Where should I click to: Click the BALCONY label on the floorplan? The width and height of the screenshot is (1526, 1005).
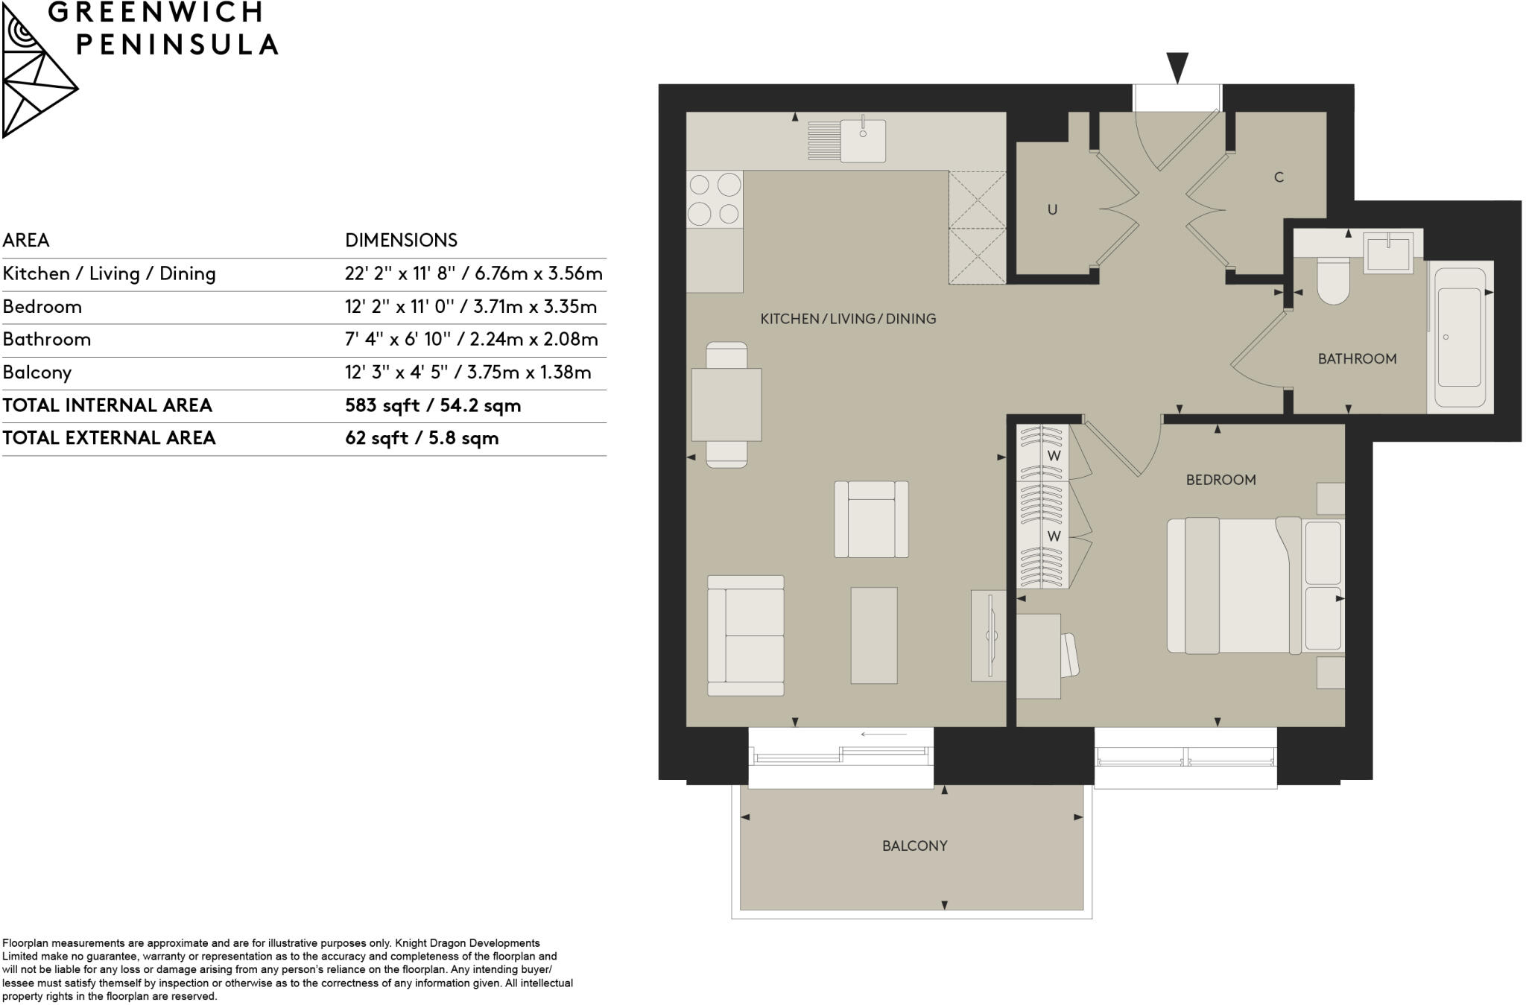coord(914,846)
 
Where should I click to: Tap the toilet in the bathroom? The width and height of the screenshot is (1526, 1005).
coord(1333,281)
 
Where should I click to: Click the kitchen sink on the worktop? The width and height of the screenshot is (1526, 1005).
coord(863,139)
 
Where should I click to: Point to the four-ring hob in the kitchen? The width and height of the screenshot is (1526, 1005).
coord(714,199)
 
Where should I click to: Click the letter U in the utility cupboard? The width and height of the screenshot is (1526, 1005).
coord(1052,209)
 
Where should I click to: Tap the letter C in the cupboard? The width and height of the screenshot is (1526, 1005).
coord(1279,177)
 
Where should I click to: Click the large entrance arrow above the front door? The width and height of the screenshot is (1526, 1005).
coord(1177,67)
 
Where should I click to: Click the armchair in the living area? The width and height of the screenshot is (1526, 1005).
coord(871,519)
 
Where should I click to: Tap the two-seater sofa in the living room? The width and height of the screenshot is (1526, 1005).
coord(745,635)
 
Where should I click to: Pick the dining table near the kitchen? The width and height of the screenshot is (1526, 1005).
coord(726,405)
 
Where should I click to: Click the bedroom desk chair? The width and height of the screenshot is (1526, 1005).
coord(1069,656)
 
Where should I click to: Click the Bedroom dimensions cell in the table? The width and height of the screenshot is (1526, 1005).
coord(470,306)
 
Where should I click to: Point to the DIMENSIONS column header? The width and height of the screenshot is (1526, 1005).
coord(401,240)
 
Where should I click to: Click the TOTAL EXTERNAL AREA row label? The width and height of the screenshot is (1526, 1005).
coord(109,438)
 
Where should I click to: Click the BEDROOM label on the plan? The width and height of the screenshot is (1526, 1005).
coord(1221,480)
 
